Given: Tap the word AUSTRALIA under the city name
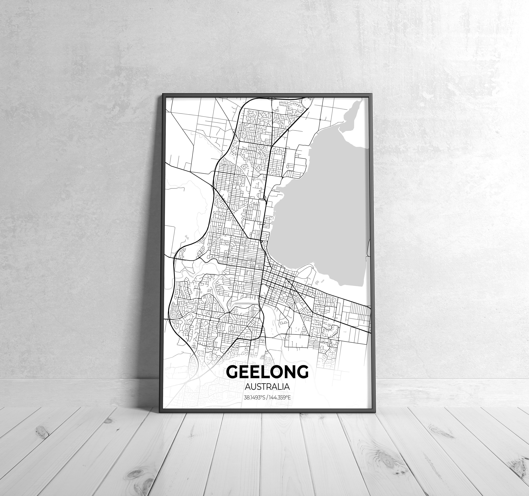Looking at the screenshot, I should point(267,386).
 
